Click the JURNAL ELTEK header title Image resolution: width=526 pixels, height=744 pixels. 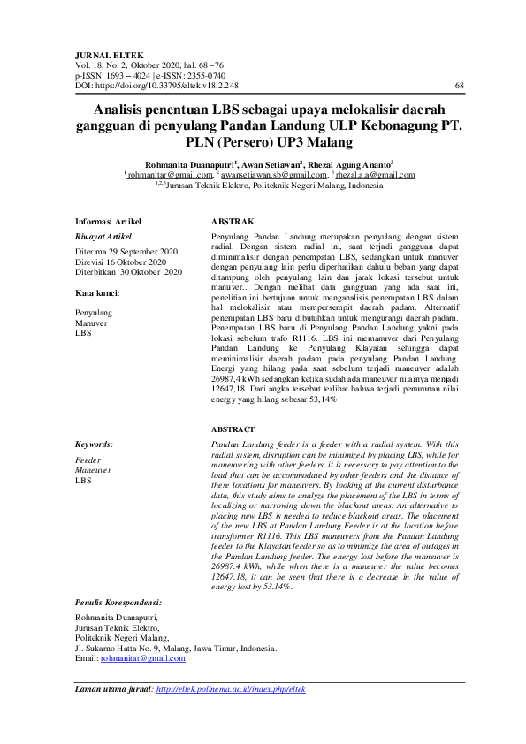pyautogui.click(x=103, y=55)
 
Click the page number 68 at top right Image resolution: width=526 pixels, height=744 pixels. pyautogui.click(x=459, y=86)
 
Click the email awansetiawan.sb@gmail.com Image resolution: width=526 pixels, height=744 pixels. pyautogui.click(x=278, y=176)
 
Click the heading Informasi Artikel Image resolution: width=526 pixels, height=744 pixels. pyautogui.click(x=108, y=222)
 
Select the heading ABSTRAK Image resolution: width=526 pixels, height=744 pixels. pyautogui.click(x=233, y=222)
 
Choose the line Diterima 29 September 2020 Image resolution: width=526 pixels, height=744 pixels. pyautogui.click(x=125, y=252)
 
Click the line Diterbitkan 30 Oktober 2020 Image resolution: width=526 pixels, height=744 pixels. pyautogui.click(x=129, y=273)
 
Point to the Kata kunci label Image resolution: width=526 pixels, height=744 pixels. pyautogui.click(x=98, y=292)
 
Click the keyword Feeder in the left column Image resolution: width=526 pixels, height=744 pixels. pyautogui.click(x=89, y=460)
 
